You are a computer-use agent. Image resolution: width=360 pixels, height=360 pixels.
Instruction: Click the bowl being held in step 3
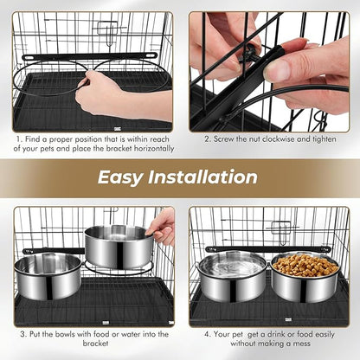coord(119,245)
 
